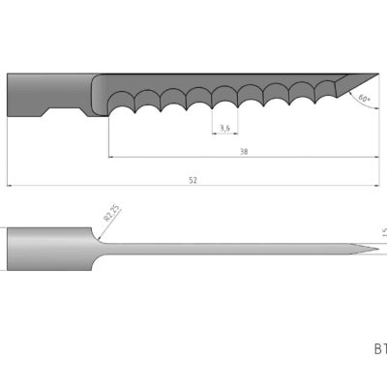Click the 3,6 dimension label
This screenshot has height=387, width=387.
[x=224, y=128]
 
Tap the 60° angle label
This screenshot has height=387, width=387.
[x=365, y=99]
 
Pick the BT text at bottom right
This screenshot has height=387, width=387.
[x=379, y=347]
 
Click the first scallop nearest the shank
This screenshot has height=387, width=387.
[x=122, y=100]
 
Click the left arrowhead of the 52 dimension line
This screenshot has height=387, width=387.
[x=10, y=185]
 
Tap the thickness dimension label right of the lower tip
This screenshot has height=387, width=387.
[x=383, y=231]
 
